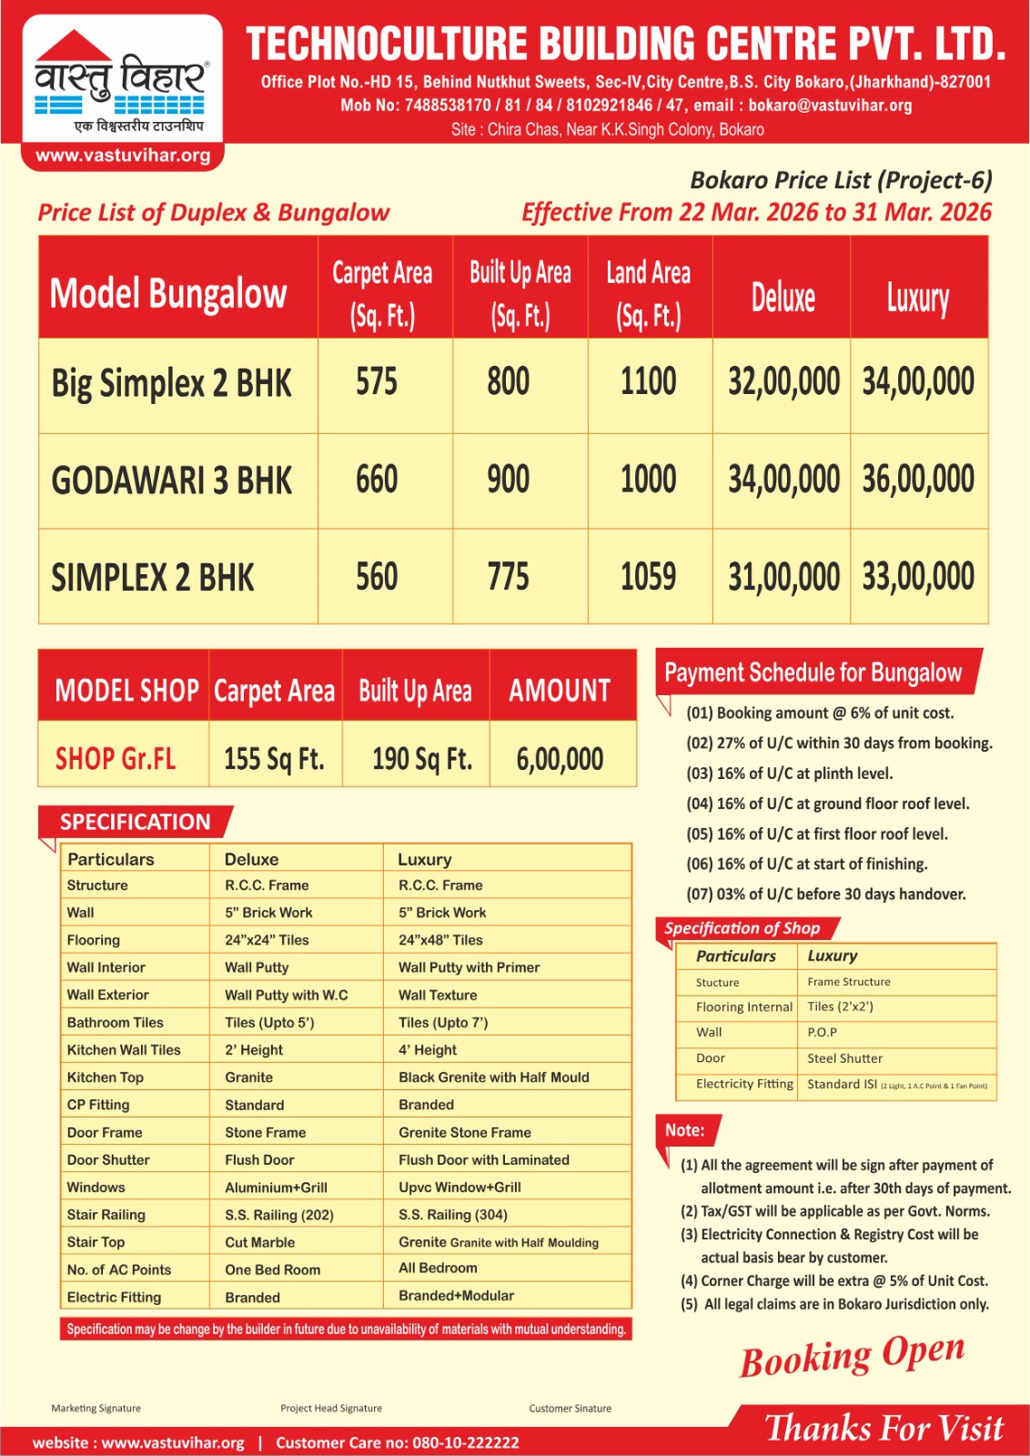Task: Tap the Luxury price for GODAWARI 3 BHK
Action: (918, 480)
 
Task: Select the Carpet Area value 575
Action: (377, 382)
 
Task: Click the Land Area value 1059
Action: (648, 577)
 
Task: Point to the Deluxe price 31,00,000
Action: (783, 577)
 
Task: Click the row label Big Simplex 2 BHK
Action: (171, 383)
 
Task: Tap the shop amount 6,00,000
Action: (560, 759)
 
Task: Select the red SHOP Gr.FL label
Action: (116, 759)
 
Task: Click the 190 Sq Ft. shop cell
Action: (422, 759)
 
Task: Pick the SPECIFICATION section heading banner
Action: (135, 822)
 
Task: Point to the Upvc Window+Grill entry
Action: (459, 1188)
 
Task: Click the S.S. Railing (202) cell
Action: (279, 1215)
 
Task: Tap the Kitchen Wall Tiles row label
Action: (124, 1050)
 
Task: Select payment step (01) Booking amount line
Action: (819, 713)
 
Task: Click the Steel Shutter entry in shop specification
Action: (844, 1058)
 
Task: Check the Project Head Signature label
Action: (331, 1408)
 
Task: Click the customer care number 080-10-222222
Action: (466, 1442)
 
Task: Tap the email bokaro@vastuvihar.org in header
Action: (830, 106)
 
